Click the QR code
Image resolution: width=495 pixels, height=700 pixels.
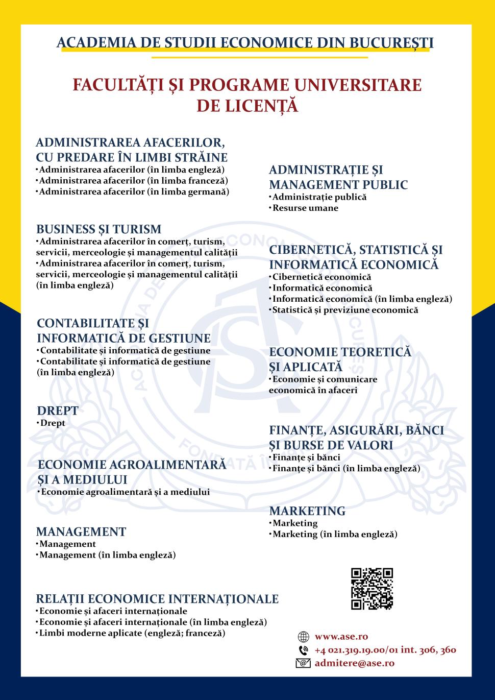pos(372,589)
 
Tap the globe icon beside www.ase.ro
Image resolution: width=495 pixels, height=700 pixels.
pos(303,637)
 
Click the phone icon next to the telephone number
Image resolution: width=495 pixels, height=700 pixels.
pos(303,650)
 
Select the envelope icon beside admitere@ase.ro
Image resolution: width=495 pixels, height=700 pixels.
pos(303,663)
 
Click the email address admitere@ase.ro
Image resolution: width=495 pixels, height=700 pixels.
pos(354,663)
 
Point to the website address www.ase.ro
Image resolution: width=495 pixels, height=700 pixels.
pos(341,637)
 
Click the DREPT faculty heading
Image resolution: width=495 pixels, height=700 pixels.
pos(58,411)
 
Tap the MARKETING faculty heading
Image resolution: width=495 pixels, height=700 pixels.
pos(307,511)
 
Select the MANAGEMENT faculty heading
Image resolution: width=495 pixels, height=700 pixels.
pos(81,532)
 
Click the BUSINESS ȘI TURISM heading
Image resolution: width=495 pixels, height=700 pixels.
pos(98,229)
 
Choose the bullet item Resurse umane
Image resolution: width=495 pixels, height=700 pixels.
pos(305,208)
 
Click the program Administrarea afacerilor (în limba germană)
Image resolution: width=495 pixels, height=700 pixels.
pos(134,192)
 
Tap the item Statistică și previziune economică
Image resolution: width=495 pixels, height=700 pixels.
pos(345,310)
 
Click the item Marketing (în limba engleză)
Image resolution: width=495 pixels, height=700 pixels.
pos(335,534)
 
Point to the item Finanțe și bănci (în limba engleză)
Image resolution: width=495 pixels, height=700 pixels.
pos(346,468)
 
